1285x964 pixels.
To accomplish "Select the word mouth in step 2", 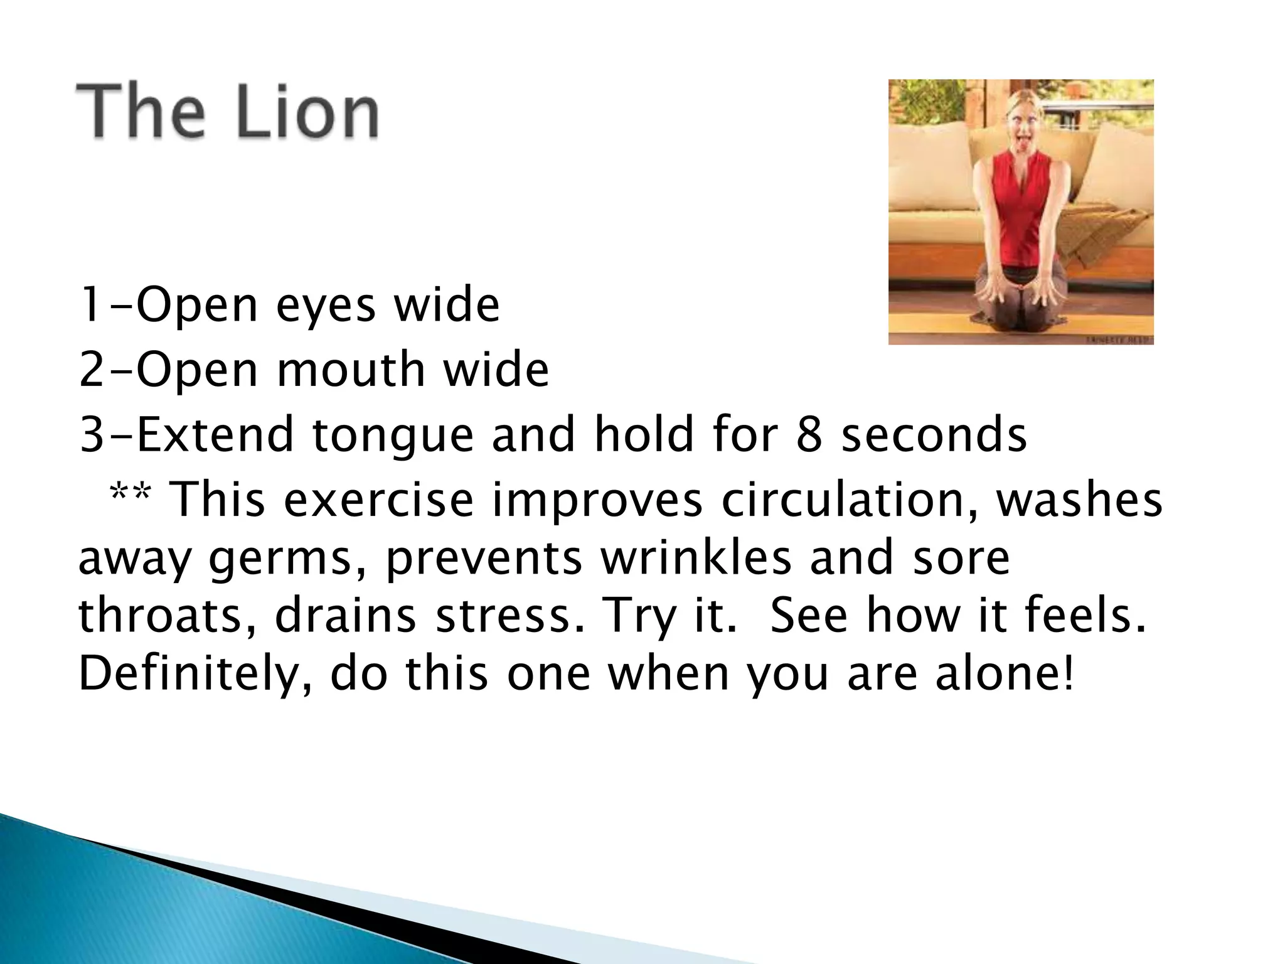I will coord(351,370).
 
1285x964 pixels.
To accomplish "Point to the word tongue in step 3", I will coord(392,435).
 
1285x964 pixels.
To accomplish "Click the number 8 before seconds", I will coord(809,435).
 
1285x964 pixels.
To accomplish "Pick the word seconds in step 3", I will coord(934,435).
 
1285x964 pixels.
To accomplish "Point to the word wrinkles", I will coord(696,558).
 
